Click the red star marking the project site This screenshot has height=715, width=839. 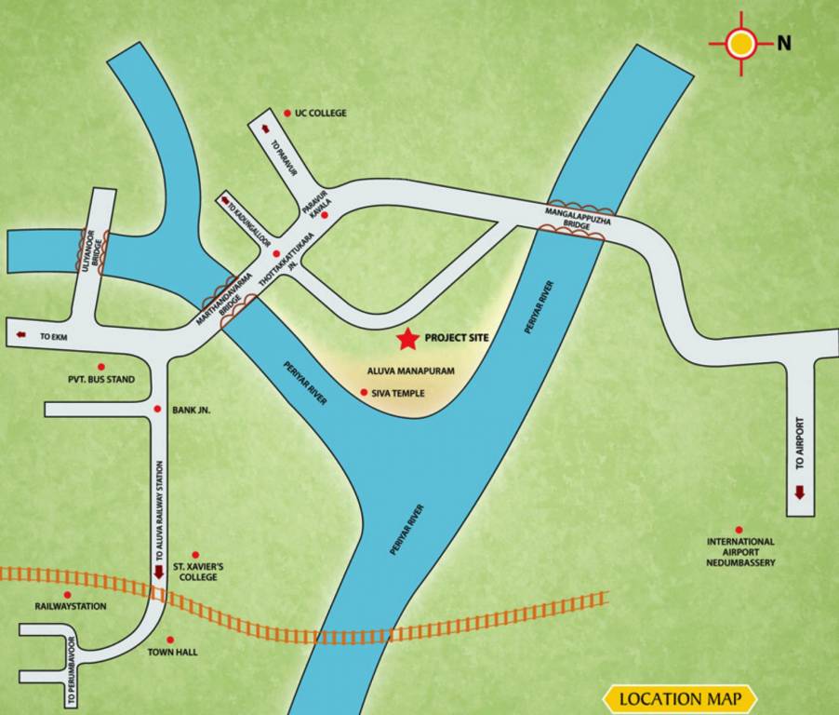pos(406,338)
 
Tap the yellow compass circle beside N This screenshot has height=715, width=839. pos(741,43)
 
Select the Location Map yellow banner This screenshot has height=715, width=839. pos(680,698)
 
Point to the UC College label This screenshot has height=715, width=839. pos(320,113)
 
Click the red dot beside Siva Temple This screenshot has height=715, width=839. pos(363,393)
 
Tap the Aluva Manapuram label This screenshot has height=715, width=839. pos(411,371)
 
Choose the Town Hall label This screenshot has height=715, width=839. pos(173,652)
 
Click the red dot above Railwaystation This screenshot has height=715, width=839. pos(67,594)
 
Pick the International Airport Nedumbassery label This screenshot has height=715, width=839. pos(740,551)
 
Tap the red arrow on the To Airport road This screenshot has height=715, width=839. pos(799,492)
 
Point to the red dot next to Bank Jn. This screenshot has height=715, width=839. pos(156,410)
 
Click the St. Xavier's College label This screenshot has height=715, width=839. pos(198,571)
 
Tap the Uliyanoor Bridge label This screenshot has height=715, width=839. pos(92,250)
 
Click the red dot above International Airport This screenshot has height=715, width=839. pos(739,529)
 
